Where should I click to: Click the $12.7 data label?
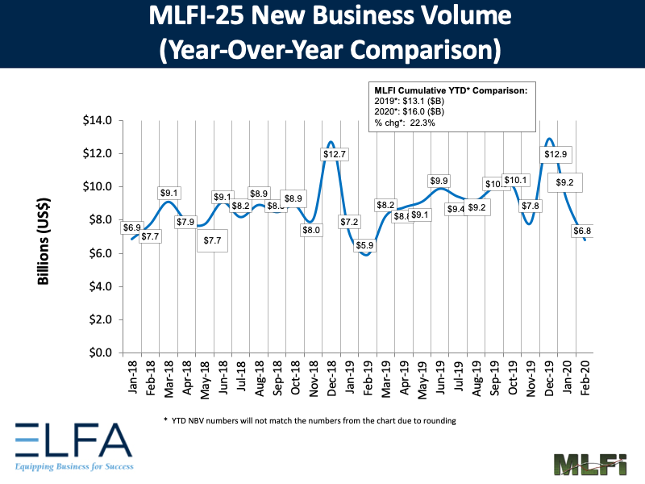[x=331, y=153]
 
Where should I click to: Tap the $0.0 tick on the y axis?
[x=104, y=353]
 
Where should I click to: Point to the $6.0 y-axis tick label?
[x=104, y=253]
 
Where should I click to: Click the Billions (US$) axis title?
[x=46, y=237]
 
